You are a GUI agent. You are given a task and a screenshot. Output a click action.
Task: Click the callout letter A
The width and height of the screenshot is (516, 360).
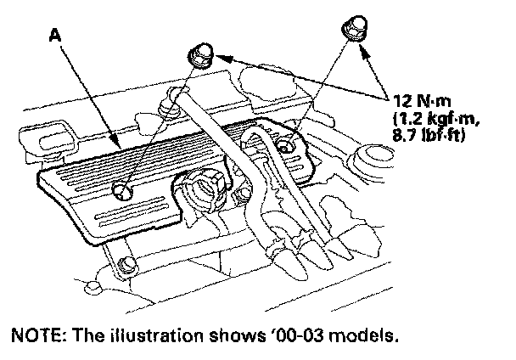(x=55, y=36)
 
